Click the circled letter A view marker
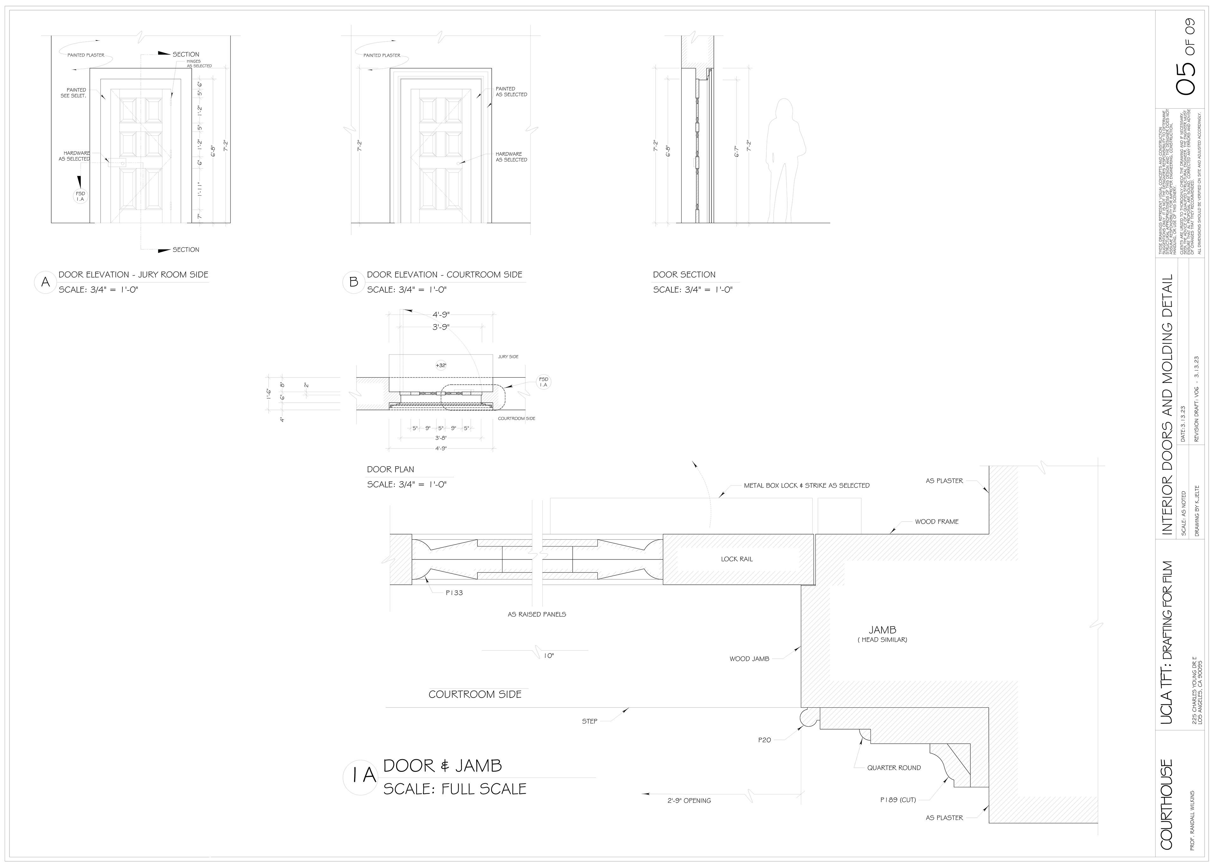(x=46, y=283)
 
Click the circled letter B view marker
(x=353, y=283)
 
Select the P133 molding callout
(x=454, y=593)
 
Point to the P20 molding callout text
(x=764, y=740)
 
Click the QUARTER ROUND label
(x=894, y=768)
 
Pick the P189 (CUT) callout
(x=898, y=800)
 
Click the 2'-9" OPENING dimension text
(x=689, y=800)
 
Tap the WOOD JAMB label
(x=749, y=659)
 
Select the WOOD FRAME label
(x=936, y=522)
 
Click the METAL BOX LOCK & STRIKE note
(x=806, y=485)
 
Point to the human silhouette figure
(x=785, y=160)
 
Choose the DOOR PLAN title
(x=390, y=469)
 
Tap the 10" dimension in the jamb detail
(x=549, y=656)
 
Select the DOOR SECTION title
(x=684, y=274)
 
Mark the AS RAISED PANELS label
(x=536, y=614)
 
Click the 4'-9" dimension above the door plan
(x=441, y=314)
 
